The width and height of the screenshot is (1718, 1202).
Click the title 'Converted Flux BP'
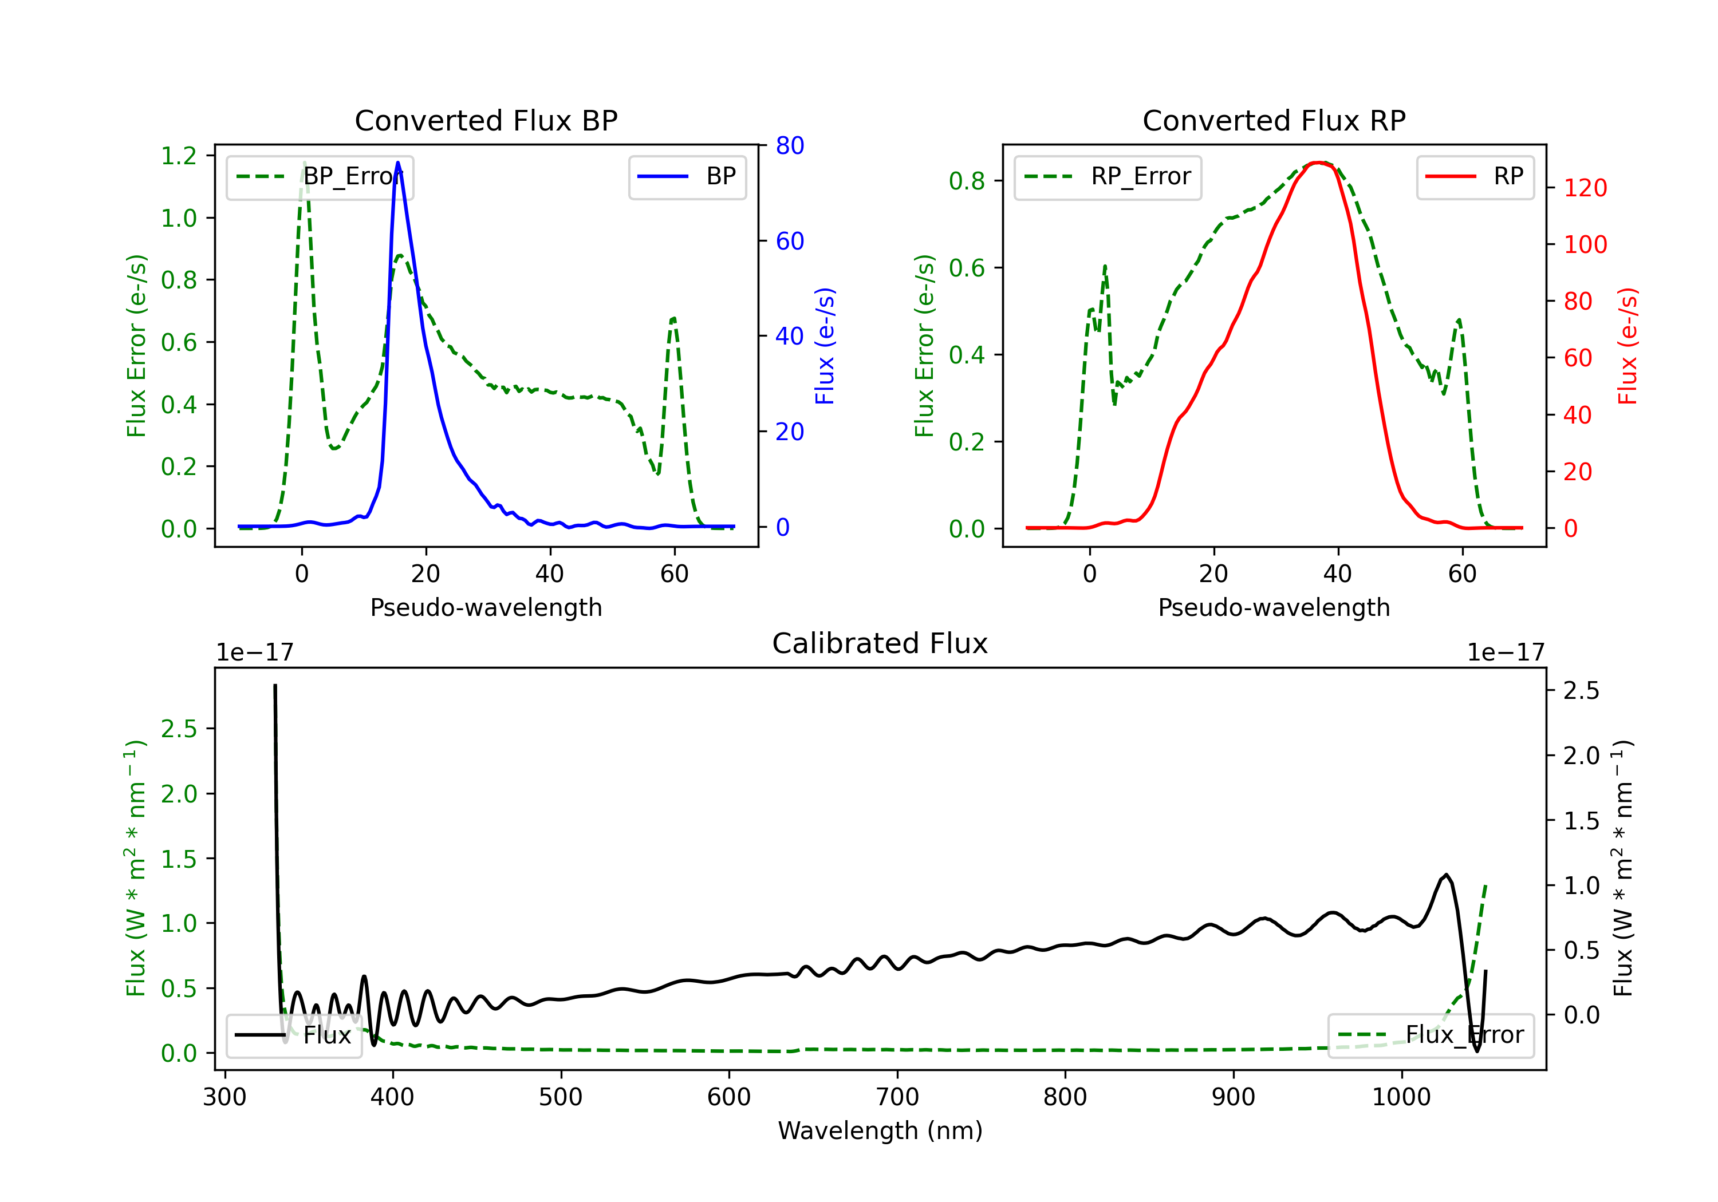(486, 120)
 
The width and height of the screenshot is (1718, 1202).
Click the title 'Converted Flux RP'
(1274, 120)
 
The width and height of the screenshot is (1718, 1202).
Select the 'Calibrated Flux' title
(880, 643)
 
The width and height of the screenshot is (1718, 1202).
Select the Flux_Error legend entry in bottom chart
(1431, 1035)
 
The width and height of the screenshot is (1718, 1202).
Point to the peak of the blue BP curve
(397, 163)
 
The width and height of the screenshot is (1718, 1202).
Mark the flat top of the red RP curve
(1321, 163)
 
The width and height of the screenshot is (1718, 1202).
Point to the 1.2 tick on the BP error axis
(179, 156)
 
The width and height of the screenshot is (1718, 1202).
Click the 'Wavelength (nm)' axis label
(880, 1130)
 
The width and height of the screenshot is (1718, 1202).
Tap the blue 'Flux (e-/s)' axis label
(825, 346)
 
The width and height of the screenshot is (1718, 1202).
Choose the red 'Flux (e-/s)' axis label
(1628, 346)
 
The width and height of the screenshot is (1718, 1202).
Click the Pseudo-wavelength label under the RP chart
(1274, 607)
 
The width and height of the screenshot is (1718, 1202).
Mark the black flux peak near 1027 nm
(1445, 875)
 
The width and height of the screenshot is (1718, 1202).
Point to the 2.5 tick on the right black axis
(1581, 690)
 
